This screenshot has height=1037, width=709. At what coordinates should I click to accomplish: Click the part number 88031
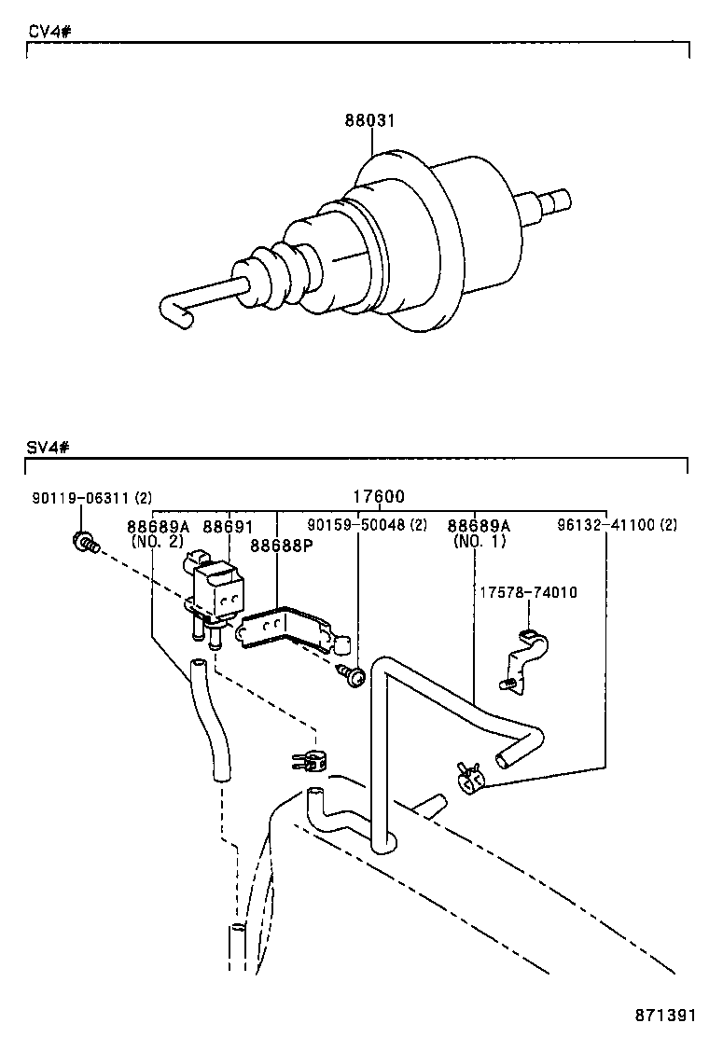[370, 121]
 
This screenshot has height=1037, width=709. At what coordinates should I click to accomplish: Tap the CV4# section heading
[49, 31]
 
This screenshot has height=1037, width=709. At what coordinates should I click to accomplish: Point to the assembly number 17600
[379, 498]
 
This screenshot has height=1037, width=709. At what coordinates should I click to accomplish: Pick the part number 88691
[229, 527]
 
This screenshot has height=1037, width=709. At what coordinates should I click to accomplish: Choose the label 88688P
[280, 546]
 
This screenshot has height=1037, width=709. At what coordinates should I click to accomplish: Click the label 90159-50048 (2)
[367, 526]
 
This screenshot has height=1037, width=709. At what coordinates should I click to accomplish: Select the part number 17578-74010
[528, 592]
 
